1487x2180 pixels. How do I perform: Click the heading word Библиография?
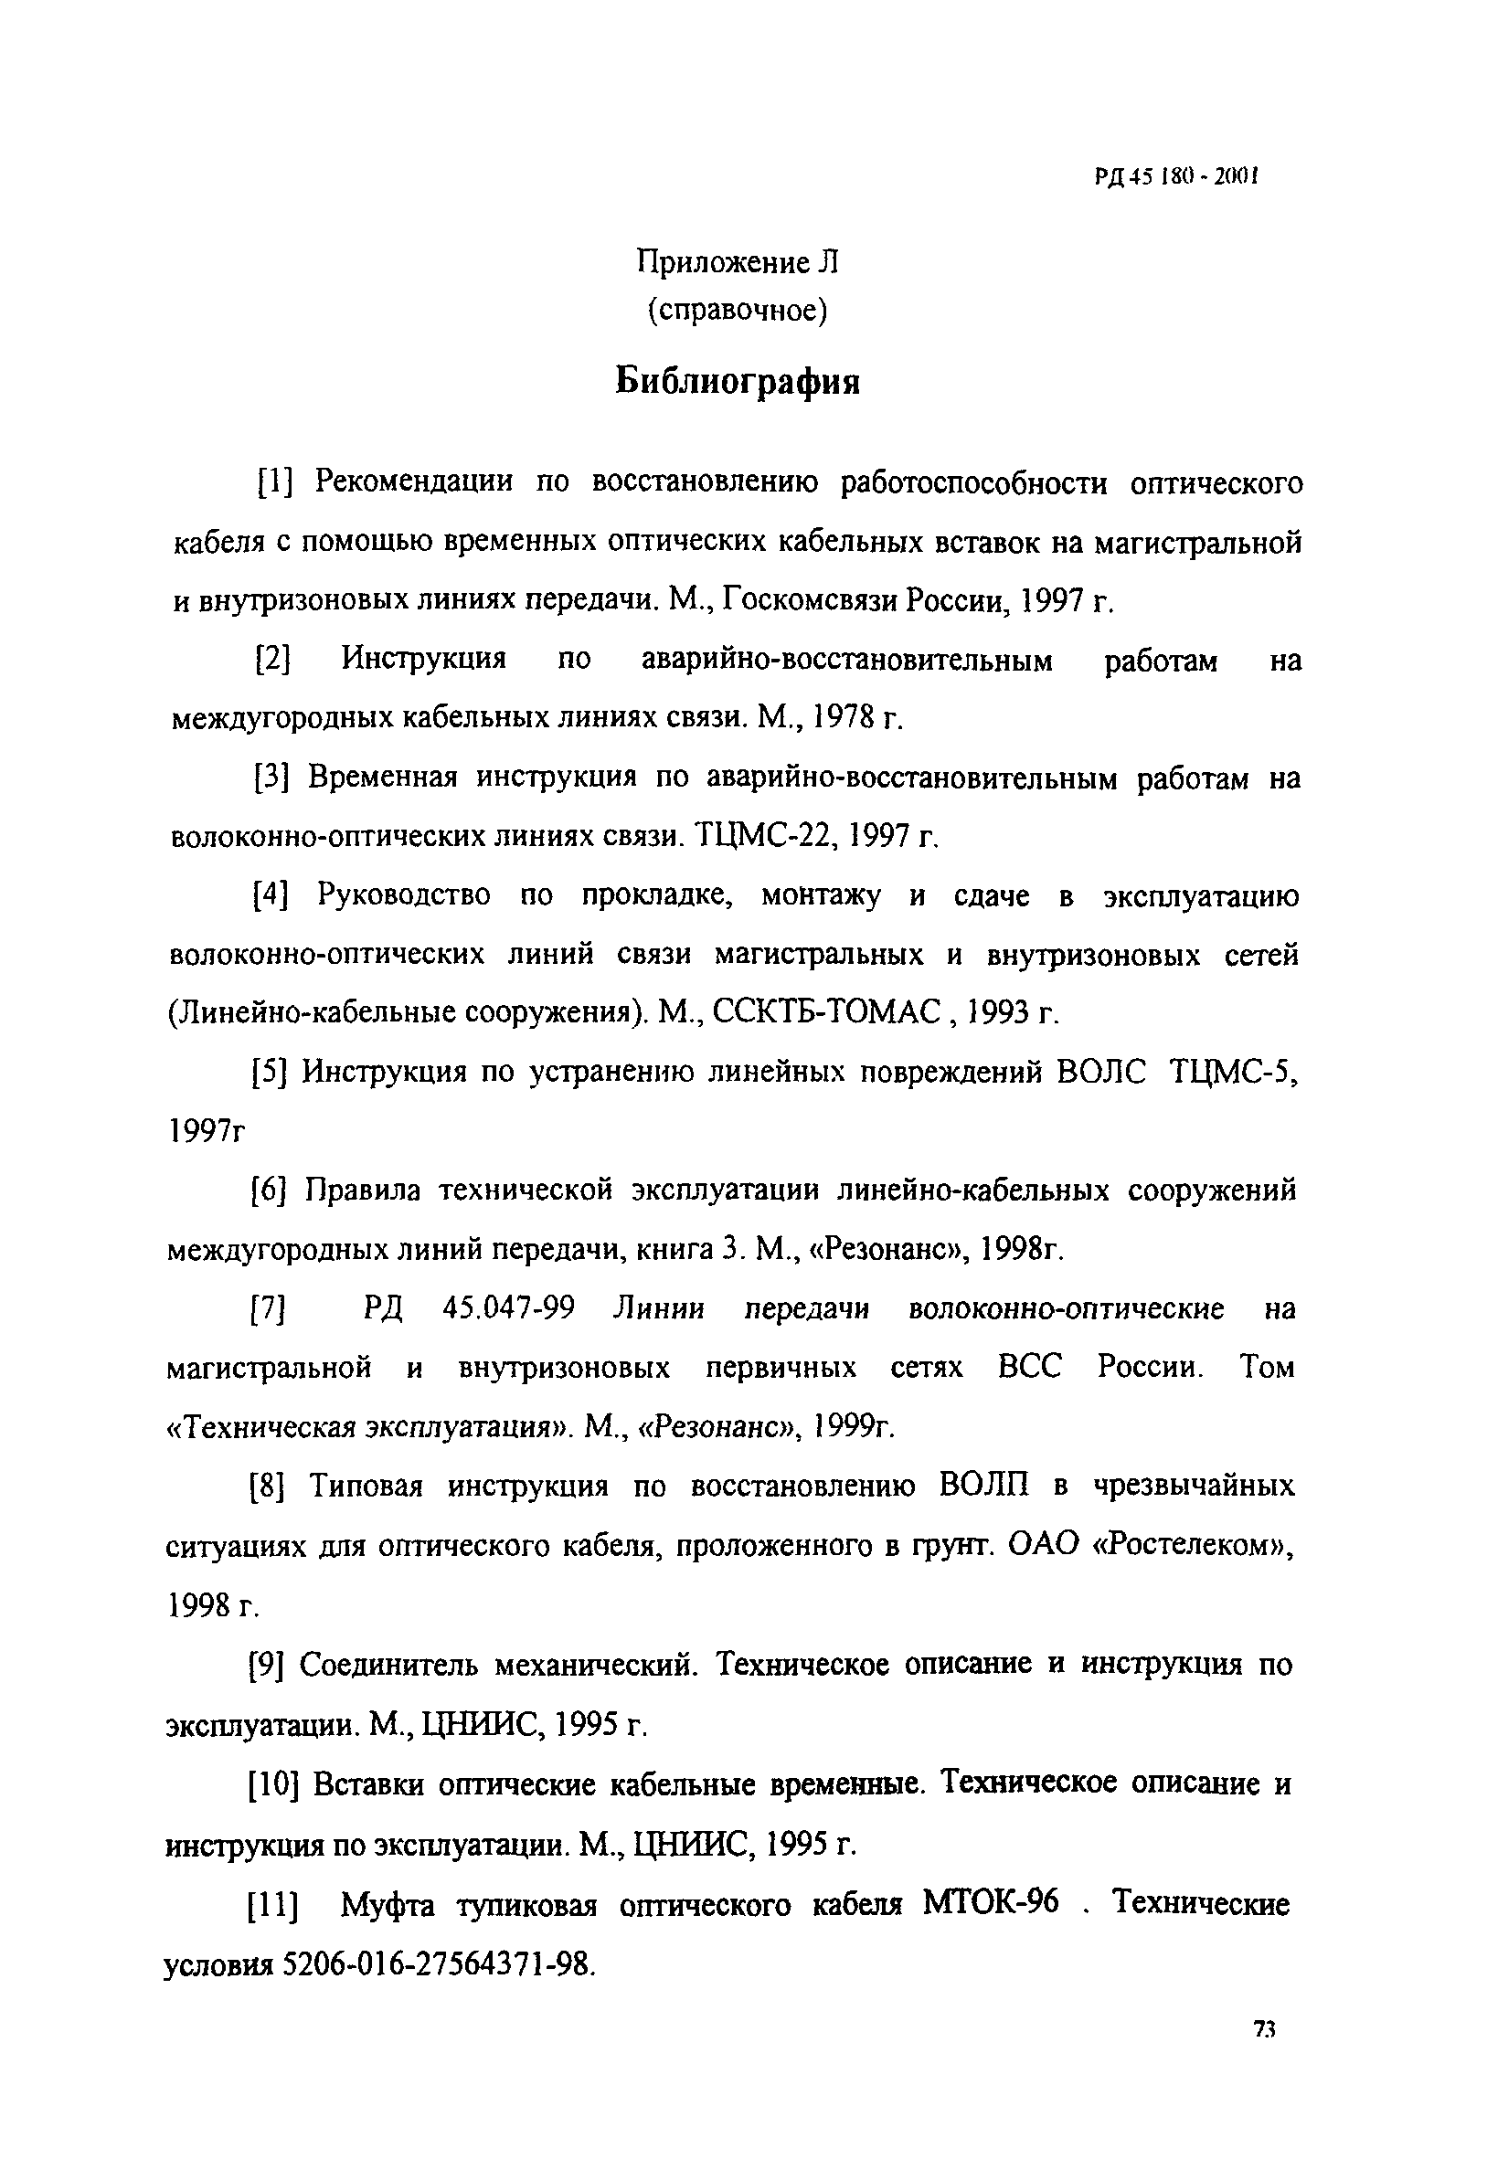[x=738, y=382]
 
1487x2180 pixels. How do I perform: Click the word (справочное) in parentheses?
[x=738, y=310]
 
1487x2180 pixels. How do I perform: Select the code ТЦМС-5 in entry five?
[x=1234, y=1072]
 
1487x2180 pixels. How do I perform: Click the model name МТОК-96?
[x=991, y=1903]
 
